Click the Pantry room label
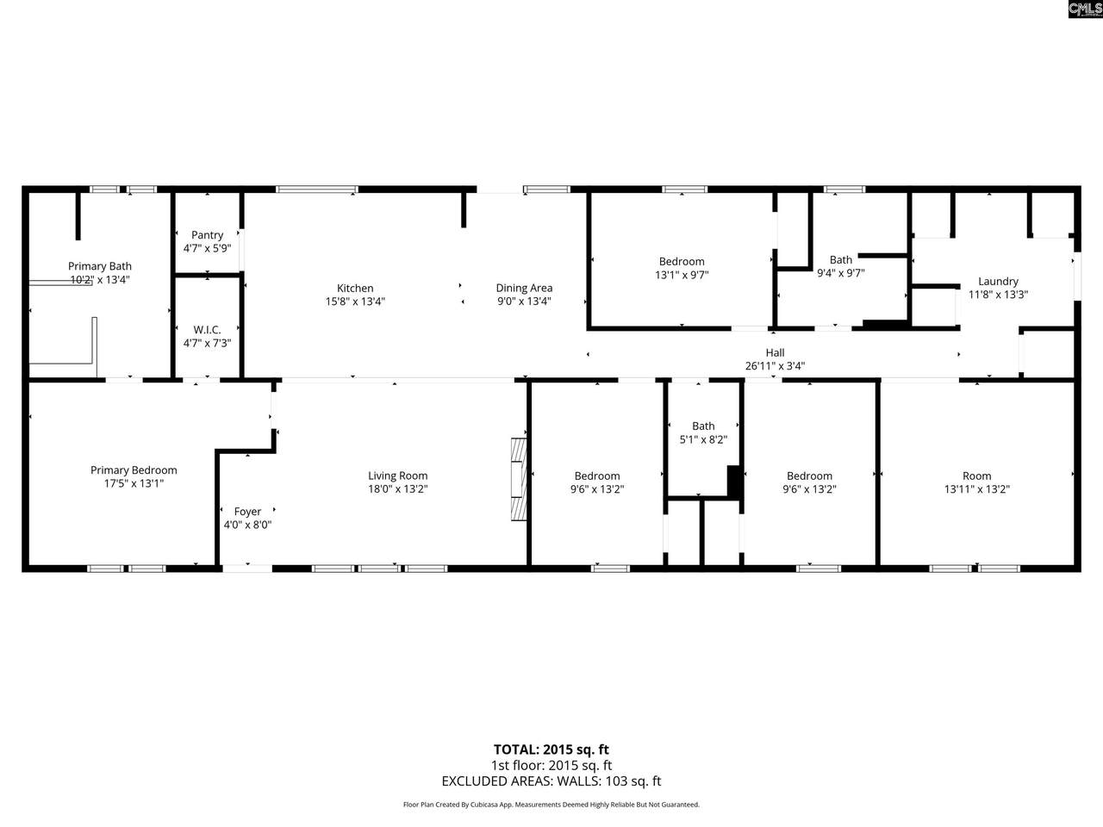point(207,235)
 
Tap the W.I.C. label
point(207,330)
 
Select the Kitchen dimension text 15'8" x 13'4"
point(355,302)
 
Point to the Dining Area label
point(524,289)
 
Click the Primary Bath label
point(100,266)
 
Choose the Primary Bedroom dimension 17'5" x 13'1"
point(134,484)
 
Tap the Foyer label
point(247,512)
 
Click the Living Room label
point(397,476)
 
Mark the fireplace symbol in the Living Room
point(517,479)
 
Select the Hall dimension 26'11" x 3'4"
point(775,365)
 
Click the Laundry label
point(998,281)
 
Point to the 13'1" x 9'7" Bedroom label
point(682,262)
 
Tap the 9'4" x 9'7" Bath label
point(841,260)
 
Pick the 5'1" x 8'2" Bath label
point(703,426)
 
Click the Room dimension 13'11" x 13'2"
point(976,489)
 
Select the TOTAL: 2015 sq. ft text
point(551,749)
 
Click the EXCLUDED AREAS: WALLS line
point(551,781)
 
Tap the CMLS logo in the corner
point(1084,9)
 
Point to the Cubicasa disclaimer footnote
point(551,805)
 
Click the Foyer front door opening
point(247,567)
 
